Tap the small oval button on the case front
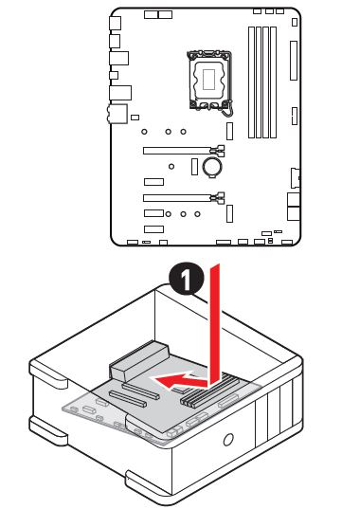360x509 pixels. click(x=229, y=440)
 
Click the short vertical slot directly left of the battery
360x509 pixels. click(x=194, y=168)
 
